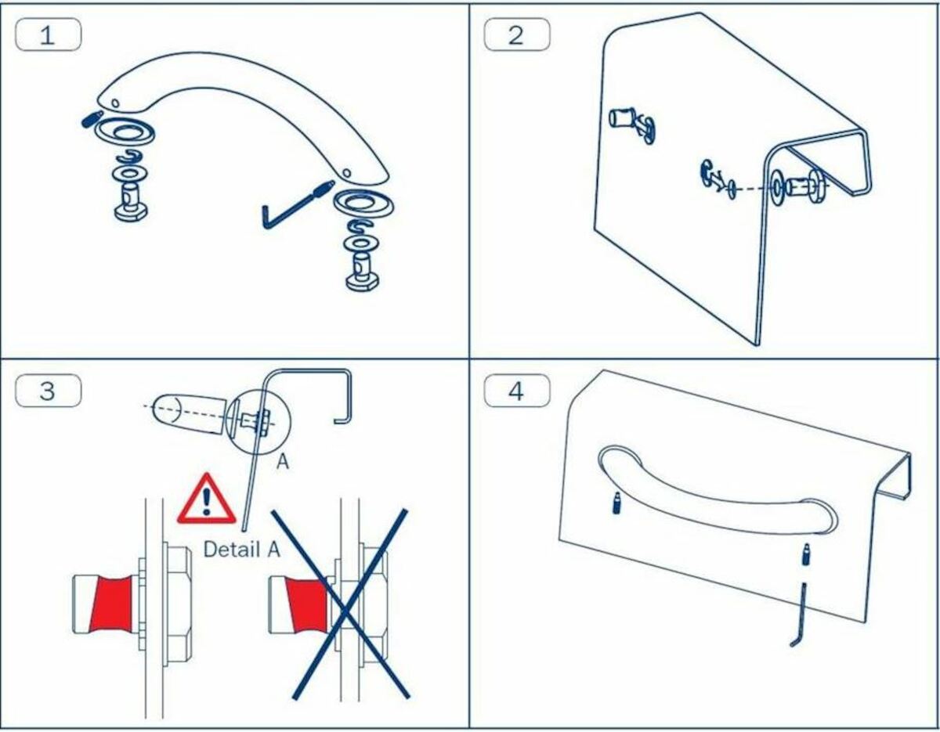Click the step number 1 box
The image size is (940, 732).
coord(48,34)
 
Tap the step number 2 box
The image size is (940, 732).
coord(517,34)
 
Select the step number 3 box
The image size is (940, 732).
coord(48,391)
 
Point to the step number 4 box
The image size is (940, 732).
coord(517,391)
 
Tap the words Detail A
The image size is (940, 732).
coord(242,550)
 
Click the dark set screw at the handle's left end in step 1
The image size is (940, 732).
coord(92,118)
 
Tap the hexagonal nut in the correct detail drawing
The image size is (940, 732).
coord(177,604)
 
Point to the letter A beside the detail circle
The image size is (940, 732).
coord(283,462)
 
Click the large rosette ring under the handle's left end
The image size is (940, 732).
coord(125,132)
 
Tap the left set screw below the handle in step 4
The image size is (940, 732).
coord(616,503)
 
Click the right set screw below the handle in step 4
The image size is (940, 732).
coord(806,555)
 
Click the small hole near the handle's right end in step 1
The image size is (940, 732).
coord(346,173)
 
